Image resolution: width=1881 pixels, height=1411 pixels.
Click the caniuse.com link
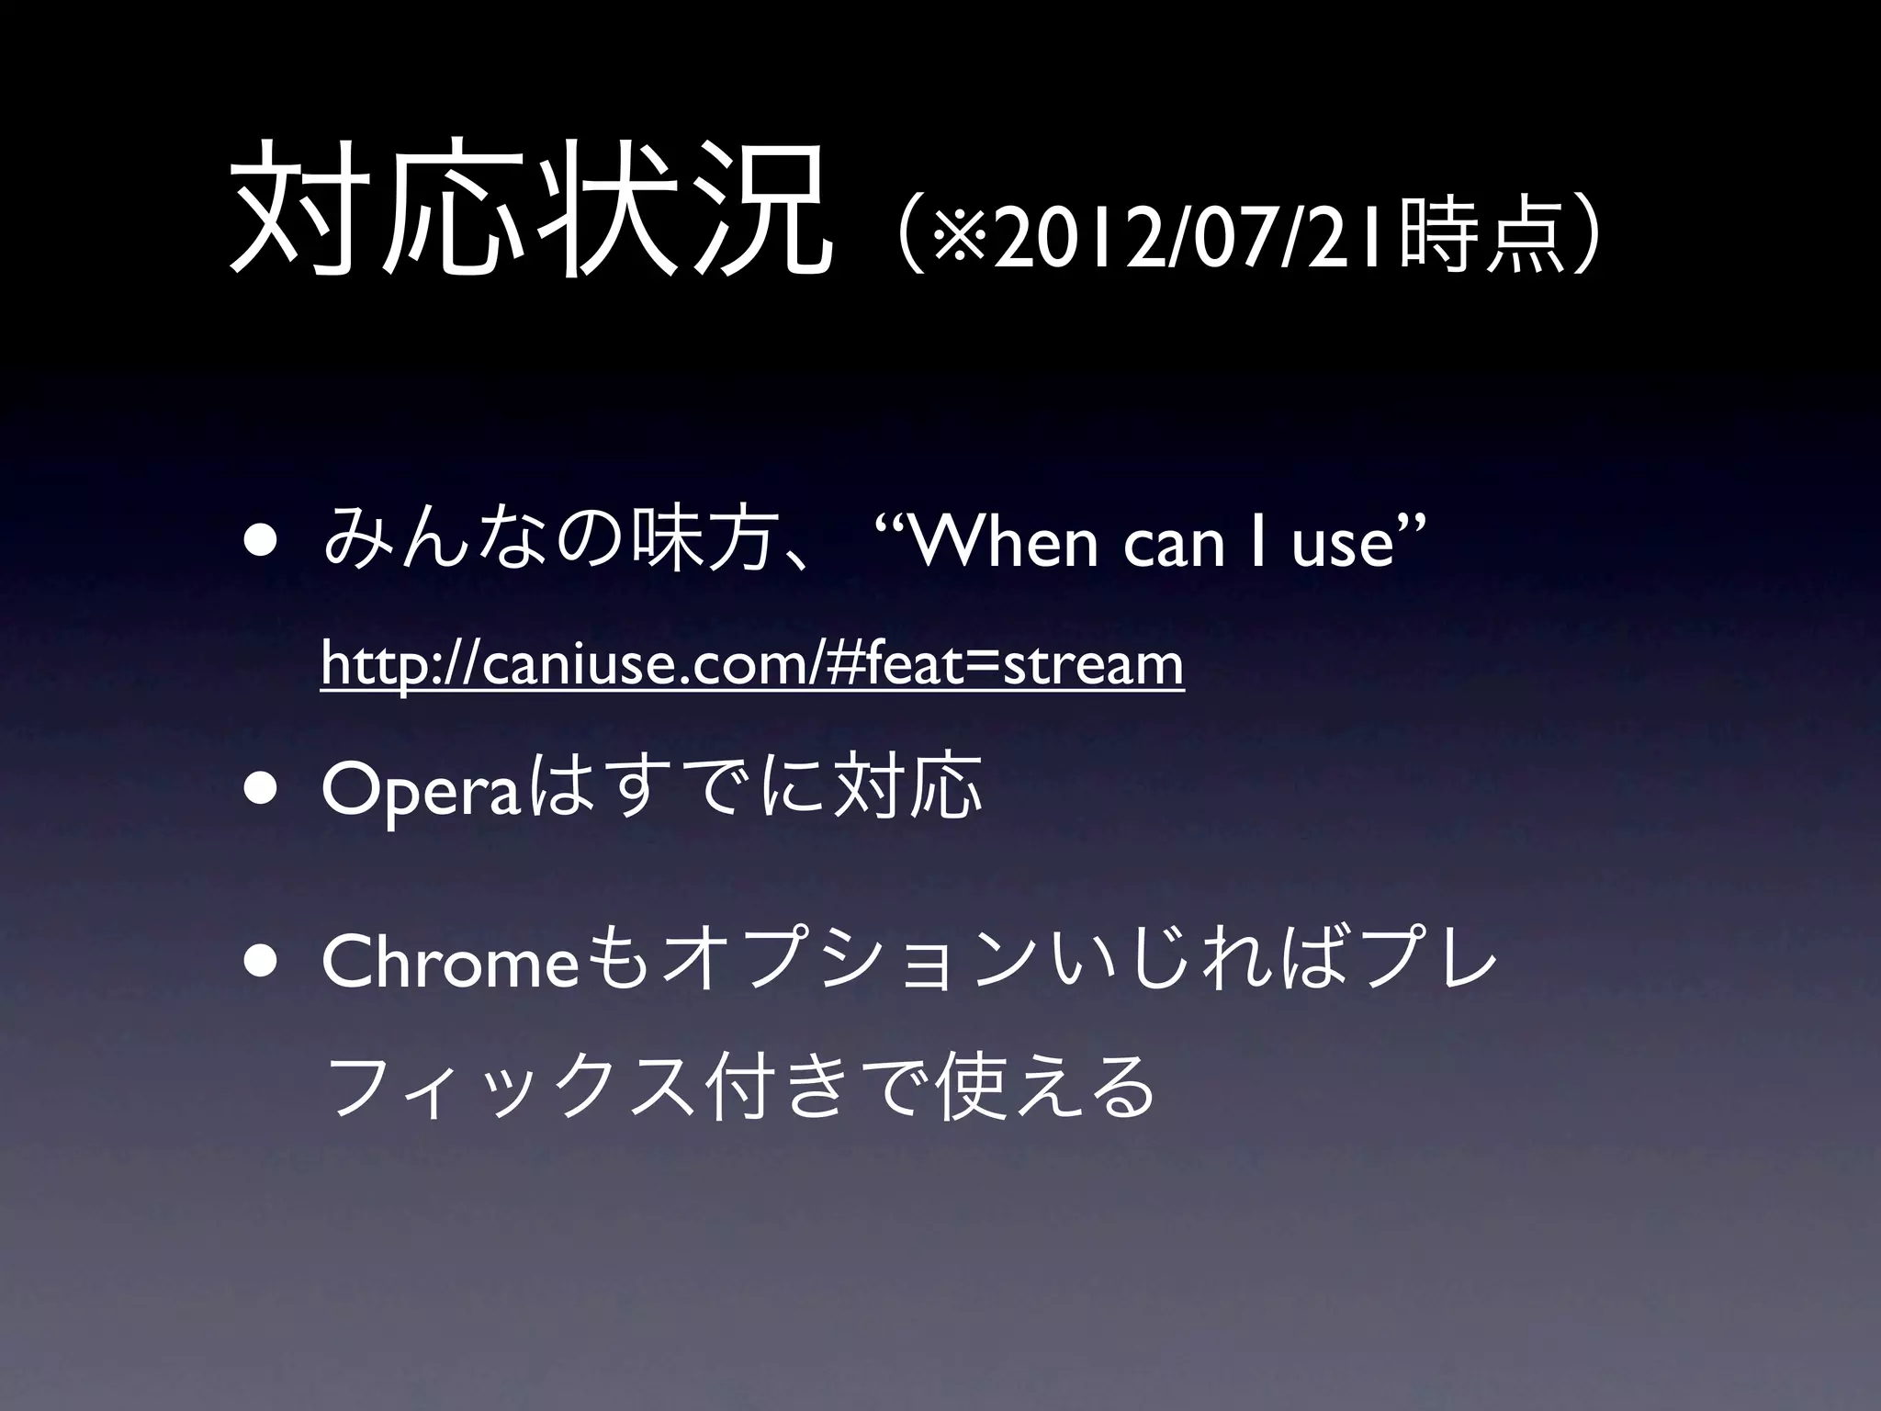pos(752,664)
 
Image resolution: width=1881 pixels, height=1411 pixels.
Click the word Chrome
pos(450,962)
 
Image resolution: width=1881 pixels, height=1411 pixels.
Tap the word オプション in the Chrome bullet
pos(831,963)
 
